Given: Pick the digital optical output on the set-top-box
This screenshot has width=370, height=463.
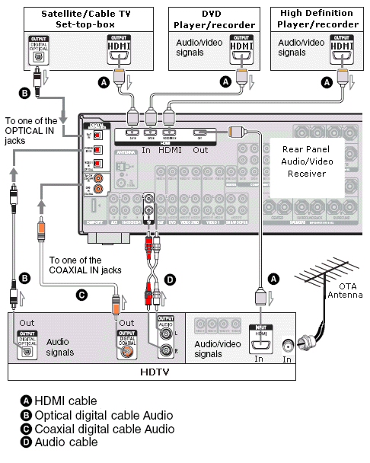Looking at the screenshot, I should pos(36,49).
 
